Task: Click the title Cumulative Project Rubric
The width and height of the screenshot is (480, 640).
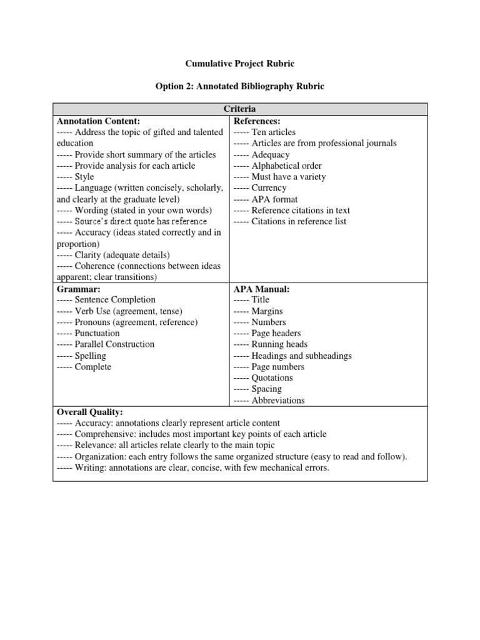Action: pos(239,63)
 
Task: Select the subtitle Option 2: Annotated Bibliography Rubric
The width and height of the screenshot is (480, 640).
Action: pos(239,86)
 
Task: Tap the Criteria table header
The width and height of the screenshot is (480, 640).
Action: pos(240,109)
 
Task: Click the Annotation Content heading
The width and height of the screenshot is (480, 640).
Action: pos(99,121)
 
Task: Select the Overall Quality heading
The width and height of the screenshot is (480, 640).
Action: pos(91,412)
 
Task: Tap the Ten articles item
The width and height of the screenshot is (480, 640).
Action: pos(273,132)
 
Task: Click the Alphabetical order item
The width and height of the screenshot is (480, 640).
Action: pos(286,166)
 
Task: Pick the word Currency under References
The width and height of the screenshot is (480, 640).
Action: pos(269,187)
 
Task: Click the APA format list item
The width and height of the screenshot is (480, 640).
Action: pos(274,199)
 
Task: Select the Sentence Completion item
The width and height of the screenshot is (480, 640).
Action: pos(115,300)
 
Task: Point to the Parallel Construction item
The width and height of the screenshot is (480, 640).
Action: pos(114,344)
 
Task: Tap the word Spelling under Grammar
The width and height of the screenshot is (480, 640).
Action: pos(91,356)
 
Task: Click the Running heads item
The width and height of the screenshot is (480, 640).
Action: pos(279,344)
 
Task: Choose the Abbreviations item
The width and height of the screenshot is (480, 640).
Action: pos(278,401)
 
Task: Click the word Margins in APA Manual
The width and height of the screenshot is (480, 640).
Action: pos(267,311)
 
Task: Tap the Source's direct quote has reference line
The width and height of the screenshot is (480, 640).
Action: pos(141,221)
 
